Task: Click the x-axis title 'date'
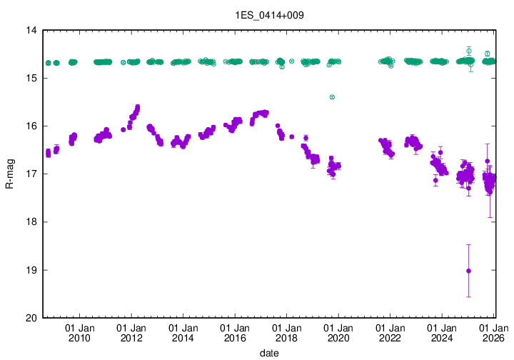(x=269, y=353)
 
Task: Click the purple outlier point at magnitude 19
(x=468, y=271)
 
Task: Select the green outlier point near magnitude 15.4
(x=332, y=97)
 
